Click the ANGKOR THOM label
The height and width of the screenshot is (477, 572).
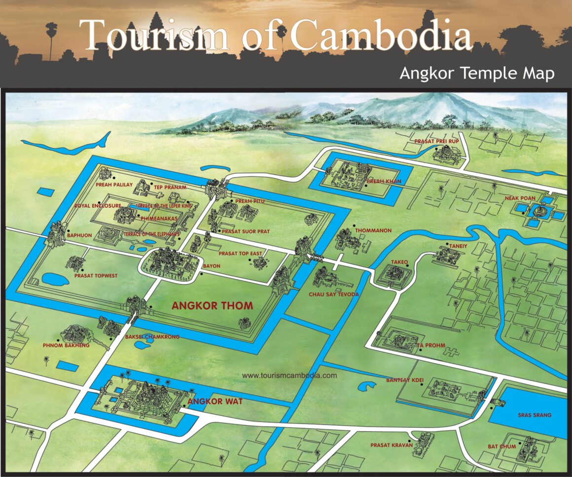pos(212,306)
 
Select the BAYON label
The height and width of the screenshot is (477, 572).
pos(211,266)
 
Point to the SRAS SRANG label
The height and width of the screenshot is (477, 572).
pos(535,415)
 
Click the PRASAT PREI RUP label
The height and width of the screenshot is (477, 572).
pos(436,141)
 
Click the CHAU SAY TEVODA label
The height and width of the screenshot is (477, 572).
pos(333,294)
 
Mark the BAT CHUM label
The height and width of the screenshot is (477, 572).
pos(501,446)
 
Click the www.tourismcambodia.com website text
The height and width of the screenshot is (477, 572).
pos(289,375)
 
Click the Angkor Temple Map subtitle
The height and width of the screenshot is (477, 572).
pos(477,73)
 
